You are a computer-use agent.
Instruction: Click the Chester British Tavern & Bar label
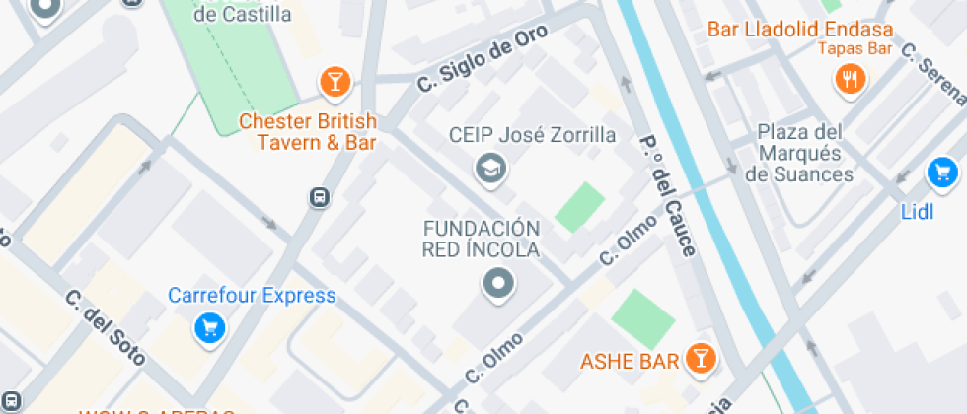click(308, 132)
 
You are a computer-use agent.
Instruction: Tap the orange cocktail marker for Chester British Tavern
click(335, 83)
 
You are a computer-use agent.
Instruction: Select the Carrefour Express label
click(252, 295)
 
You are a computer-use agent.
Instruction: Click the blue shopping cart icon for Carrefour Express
click(209, 328)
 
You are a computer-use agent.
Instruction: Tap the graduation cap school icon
click(488, 169)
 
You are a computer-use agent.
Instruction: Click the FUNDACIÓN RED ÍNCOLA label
click(482, 239)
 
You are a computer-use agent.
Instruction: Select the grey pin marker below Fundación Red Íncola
click(498, 284)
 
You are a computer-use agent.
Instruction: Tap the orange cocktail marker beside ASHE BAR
click(701, 359)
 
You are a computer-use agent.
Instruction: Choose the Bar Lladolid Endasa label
click(799, 29)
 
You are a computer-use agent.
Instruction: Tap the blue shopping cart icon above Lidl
click(942, 172)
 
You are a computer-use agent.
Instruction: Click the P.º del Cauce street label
click(669, 193)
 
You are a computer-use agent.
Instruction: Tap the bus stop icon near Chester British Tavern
click(320, 197)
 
